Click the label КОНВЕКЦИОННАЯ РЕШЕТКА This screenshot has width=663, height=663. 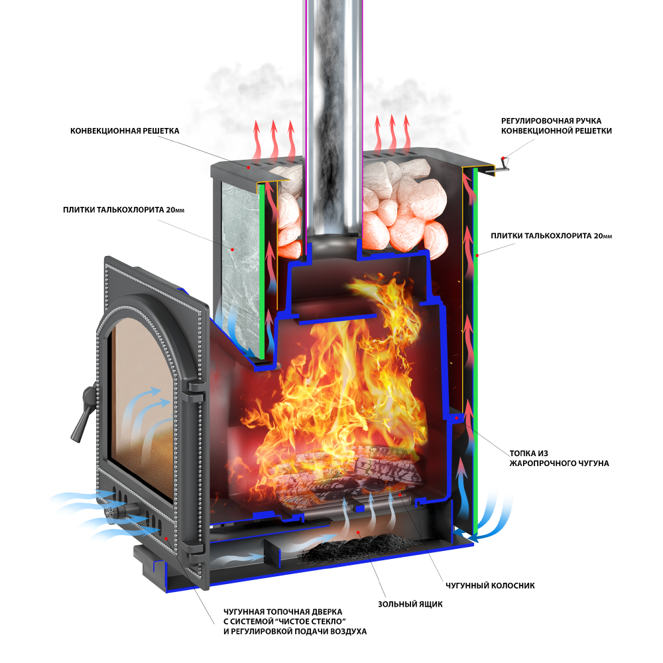click(x=125, y=131)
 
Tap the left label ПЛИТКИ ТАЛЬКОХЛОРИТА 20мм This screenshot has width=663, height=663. click(x=123, y=210)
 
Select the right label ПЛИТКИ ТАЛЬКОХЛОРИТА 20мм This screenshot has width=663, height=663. click(x=552, y=236)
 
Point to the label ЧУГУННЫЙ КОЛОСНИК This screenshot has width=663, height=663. click(x=490, y=585)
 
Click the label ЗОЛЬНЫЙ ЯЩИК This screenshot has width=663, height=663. click(x=410, y=604)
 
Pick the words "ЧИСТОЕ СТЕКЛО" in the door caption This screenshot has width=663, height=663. click(x=314, y=622)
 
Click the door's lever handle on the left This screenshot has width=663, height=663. click(x=85, y=412)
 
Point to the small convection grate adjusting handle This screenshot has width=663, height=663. click(x=501, y=166)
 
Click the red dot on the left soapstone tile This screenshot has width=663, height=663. click(x=232, y=249)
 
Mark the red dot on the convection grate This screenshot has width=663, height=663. click(x=249, y=168)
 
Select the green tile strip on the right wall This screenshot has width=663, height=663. click(x=475, y=351)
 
